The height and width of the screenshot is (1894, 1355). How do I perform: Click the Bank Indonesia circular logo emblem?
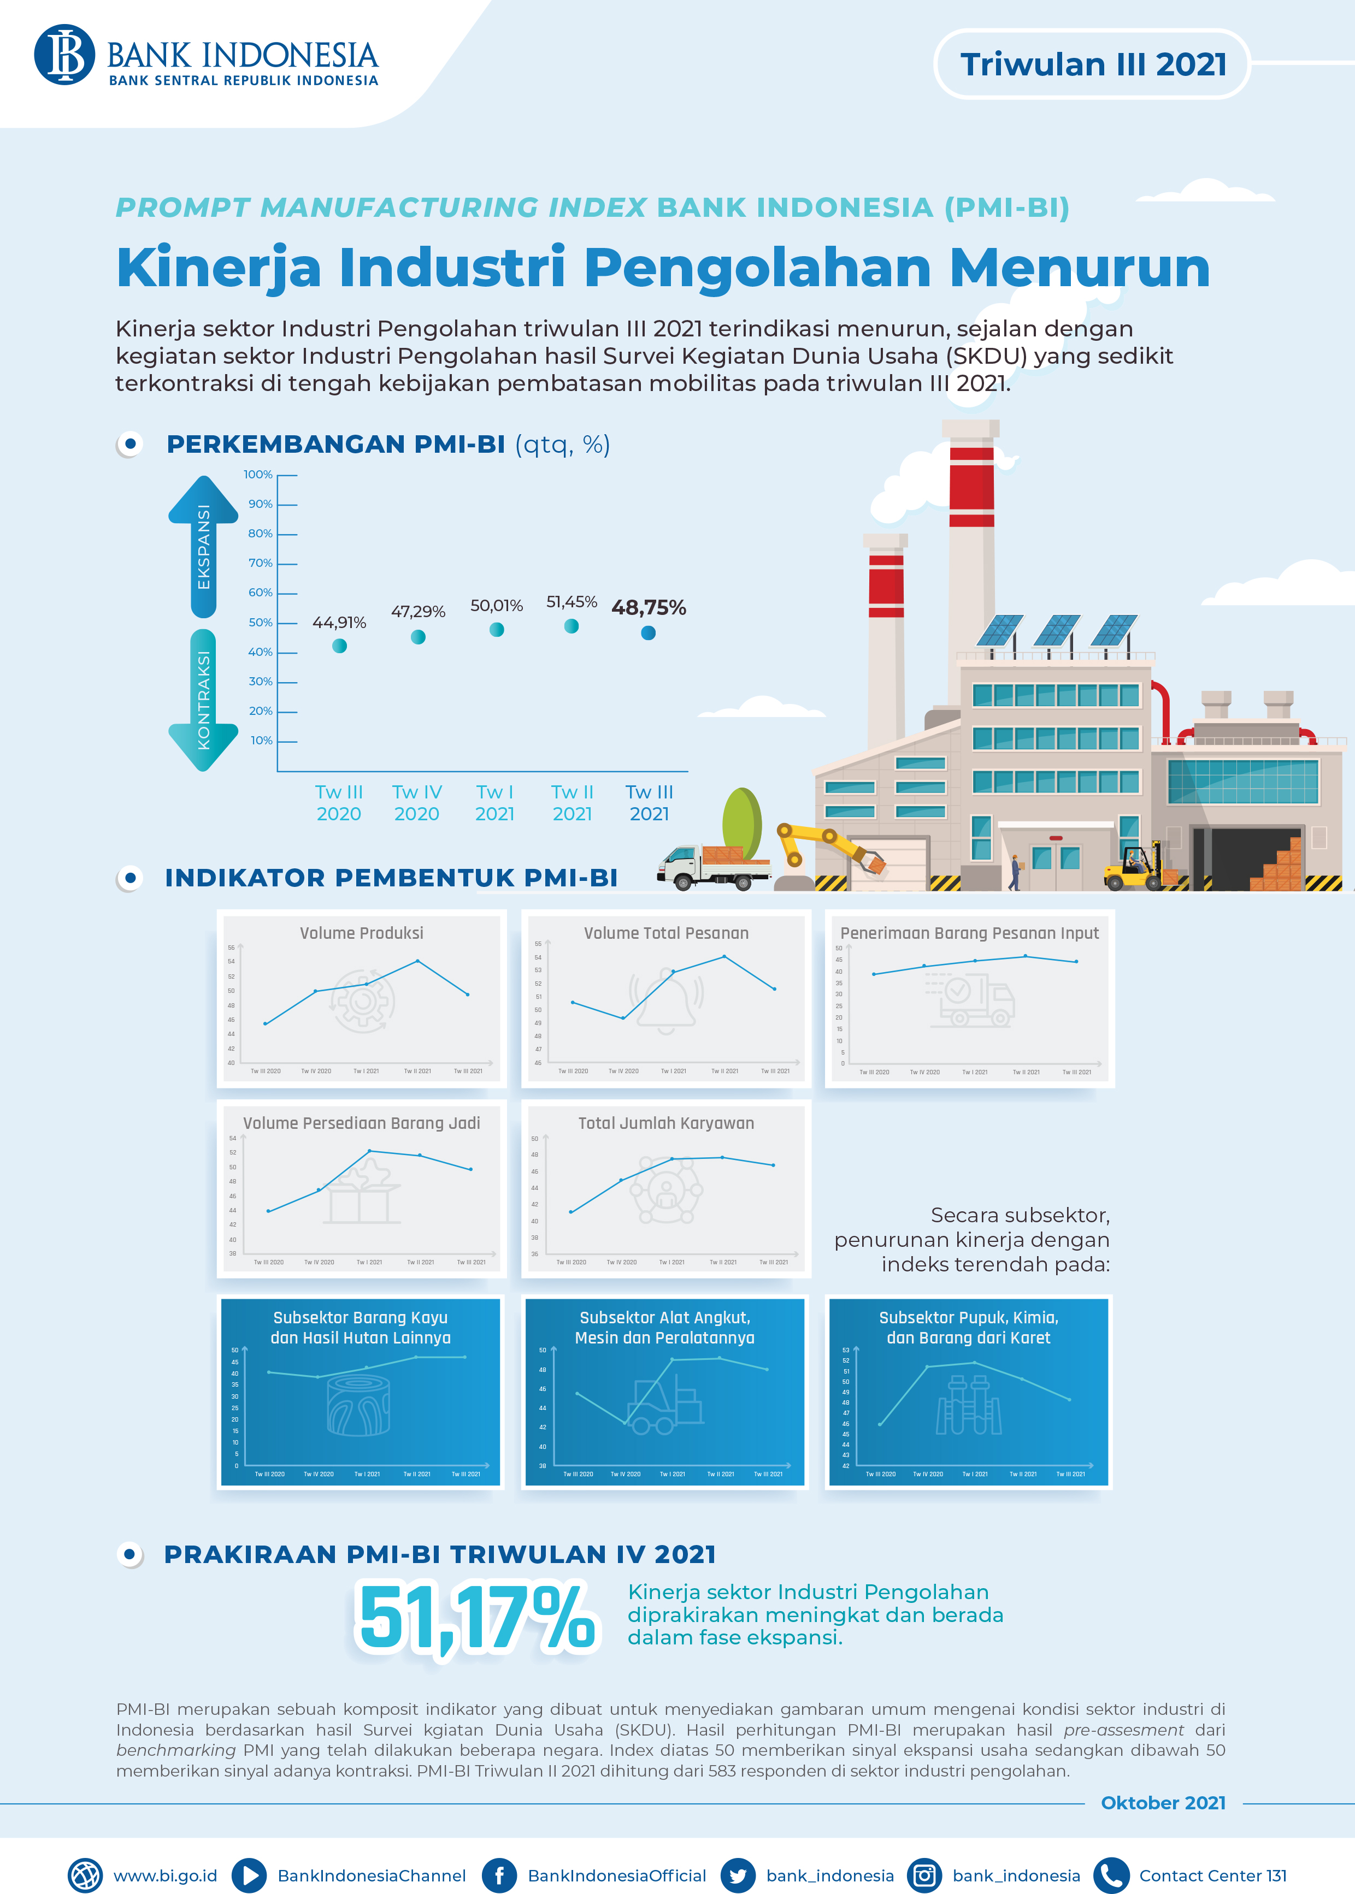coord(64,55)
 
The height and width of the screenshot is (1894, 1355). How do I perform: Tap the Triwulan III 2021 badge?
coord(1092,64)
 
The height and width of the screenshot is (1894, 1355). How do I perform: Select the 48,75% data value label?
coord(649,607)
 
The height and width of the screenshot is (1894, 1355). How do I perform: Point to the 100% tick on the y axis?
coord(258,475)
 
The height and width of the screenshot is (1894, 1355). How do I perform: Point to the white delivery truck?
coord(709,867)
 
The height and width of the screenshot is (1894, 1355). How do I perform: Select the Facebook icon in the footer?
coord(499,1875)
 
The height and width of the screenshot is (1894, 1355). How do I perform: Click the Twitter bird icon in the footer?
coord(738,1875)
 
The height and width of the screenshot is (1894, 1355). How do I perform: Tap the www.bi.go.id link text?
coord(165,1875)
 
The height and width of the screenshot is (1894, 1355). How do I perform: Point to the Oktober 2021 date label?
coord(1163,1803)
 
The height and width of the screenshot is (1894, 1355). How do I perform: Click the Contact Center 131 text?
coord(1212,1875)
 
